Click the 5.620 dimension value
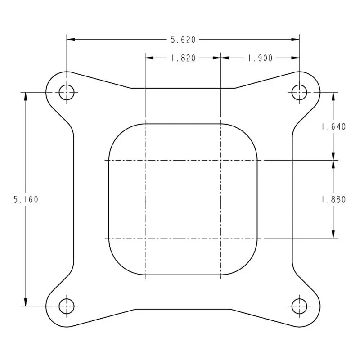pyautogui.click(x=183, y=40)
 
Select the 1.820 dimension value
pyautogui.click(x=183, y=58)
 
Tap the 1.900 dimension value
pyautogui.click(x=260, y=58)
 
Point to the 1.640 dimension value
pyautogui.click(x=333, y=127)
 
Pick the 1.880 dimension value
pyautogui.click(x=333, y=199)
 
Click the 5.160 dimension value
pyautogui.click(x=26, y=199)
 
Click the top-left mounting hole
pyautogui.click(x=67, y=93)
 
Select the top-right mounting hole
pyautogui.click(x=299, y=93)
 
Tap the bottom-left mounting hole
pyautogui.click(x=67, y=306)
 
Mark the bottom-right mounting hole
pyautogui.click(x=299, y=306)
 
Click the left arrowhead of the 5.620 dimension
pyautogui.click(x=71, y=40)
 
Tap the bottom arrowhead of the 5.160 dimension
pyautogui.click(x=26, y=302)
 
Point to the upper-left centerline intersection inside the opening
pyautogui.click(x=145, y=160)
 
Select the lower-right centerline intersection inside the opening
pyautogui.click(x=220, y=238)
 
